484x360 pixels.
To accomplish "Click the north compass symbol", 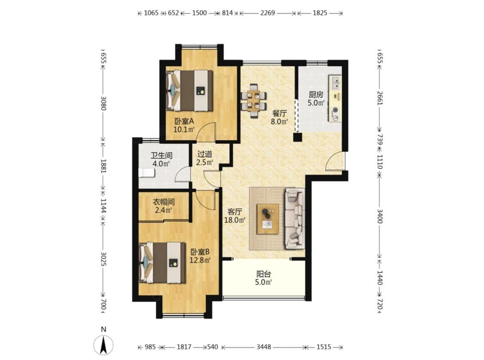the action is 104,344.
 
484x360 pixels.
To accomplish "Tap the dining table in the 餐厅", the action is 254,101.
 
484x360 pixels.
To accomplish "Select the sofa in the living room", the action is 294,218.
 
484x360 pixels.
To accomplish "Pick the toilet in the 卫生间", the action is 146,173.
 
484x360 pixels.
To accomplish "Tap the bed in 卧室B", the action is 162,262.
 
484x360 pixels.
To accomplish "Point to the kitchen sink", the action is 336,82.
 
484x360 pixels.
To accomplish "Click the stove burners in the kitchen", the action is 335,114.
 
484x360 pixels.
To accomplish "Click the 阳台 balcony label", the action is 264,274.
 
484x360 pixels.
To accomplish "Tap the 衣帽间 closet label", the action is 164,202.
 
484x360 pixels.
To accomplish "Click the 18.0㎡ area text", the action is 235,220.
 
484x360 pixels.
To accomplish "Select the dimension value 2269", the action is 267,13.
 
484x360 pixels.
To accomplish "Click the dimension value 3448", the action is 264,347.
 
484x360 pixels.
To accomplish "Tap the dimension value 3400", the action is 380,216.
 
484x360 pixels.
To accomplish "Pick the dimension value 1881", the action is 103,166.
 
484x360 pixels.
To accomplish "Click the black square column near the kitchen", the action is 298,137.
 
